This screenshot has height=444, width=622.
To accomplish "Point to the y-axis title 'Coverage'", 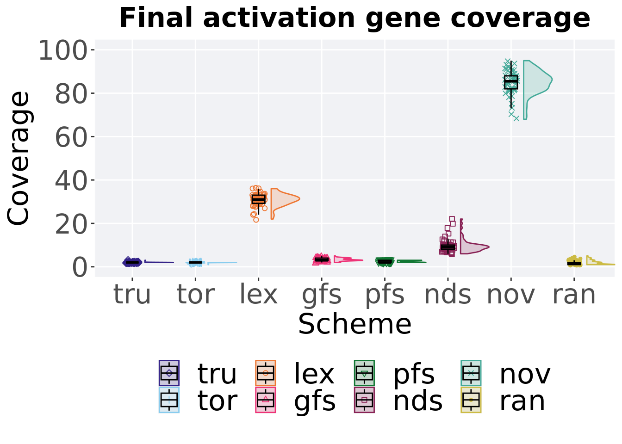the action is [19, 159].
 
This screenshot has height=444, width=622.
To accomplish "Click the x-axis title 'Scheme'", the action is [355, 324].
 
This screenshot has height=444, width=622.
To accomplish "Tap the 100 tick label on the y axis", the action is [63, 50].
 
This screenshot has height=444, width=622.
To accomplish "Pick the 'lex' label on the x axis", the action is [259, 295].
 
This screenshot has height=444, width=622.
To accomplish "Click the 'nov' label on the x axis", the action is [511, 295].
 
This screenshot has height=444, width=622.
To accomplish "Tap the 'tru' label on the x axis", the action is [132, 295].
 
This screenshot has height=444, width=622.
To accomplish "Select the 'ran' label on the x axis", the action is [574, 295].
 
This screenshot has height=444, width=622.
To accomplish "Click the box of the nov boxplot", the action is [511, 82].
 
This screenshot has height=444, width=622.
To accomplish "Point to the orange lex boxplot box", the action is [259, 199].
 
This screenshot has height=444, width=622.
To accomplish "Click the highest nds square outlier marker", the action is [452, 219].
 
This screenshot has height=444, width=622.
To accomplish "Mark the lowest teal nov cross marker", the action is [516, 118].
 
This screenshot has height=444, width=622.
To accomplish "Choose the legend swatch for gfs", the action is [266, 400].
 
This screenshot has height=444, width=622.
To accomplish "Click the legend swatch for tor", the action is [169, 400].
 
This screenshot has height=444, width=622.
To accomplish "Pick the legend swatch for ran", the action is [471, 400].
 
